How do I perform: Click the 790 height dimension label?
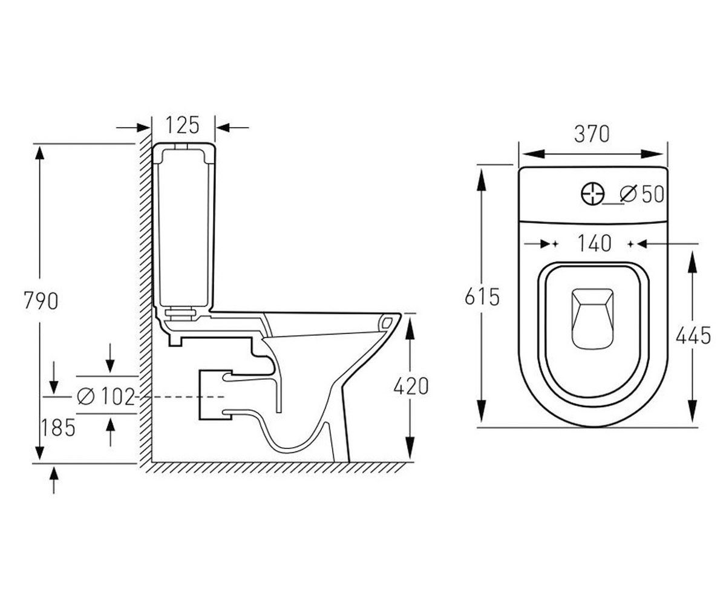[41, 301]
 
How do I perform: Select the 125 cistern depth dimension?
[183, 125]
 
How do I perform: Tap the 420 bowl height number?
[411, 386]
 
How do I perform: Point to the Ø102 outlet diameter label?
[106, 396]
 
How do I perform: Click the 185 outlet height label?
[58, 427]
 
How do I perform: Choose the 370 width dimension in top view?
[592, 134]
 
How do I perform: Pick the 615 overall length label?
[482, 297]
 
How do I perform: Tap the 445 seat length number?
[693, 336]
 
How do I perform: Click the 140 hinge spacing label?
[594, 243]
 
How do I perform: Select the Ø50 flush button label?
[642, 194]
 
